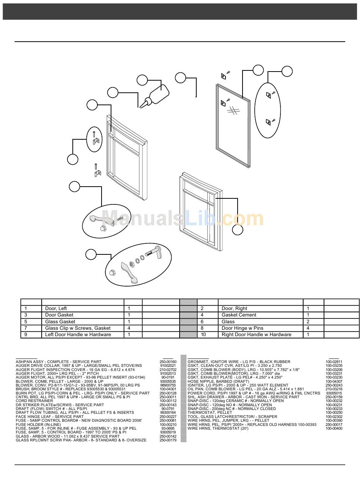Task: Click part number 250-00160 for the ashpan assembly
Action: pyautogui.click(x=168, y=362)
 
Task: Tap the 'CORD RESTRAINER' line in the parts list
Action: pyautogui.click(x=34, y=401)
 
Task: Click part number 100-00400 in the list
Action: pyautogui.click(x=334, y=429)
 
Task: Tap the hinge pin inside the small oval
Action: pyautogui.click(x=93, y=134)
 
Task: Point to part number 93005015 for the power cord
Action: pyautogui.click(x=334, y=393)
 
